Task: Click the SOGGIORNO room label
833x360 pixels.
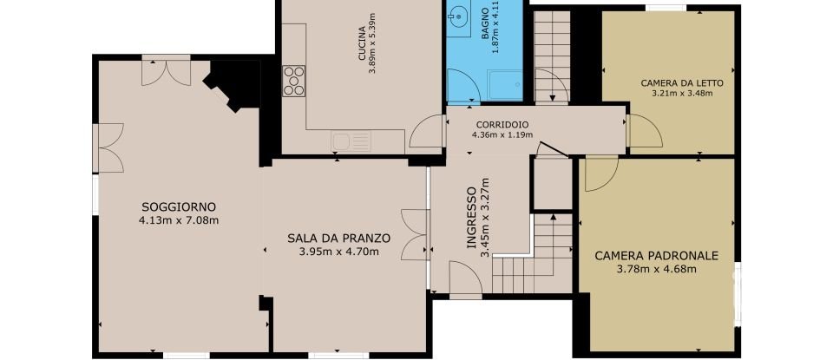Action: [x=177, y=206]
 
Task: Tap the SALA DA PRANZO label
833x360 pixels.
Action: [x=338, y=238]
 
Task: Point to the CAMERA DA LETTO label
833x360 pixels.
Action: [x=681, y=83]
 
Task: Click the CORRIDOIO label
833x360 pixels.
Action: [x=500, y=124]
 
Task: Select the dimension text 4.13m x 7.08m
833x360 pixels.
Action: [x=178, y=220]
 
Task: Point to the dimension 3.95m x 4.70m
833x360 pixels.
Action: [x=338, y=252]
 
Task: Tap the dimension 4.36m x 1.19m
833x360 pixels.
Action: [x=500, y=135]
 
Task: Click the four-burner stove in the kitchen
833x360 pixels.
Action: [x=293, y=80]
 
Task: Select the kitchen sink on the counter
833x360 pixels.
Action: [x=352, y=141]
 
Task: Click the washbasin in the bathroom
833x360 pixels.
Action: [x=457, y=16]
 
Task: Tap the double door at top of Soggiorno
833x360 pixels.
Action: [x=166, y=70]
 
